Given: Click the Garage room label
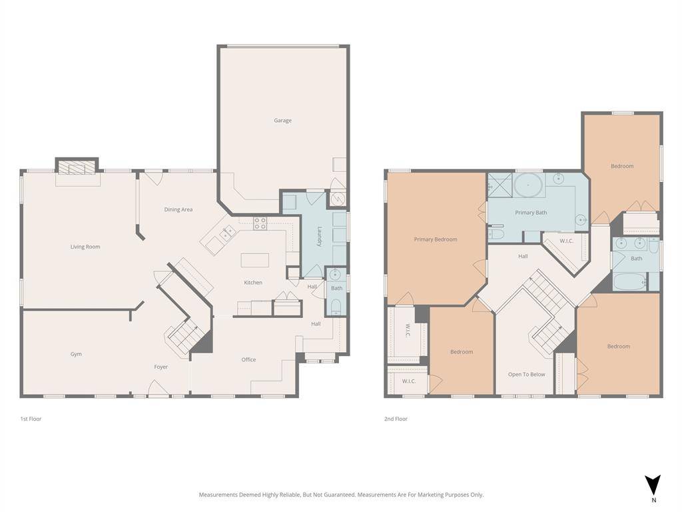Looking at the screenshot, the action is point(282,121).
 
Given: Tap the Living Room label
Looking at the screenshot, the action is point(85,247).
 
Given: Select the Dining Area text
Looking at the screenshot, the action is point(178,209).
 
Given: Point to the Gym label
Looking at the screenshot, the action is point(76,354).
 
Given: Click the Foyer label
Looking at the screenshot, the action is point(161,367).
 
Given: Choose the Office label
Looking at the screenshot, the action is point(249,359).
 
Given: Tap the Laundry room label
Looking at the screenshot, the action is point(320,237).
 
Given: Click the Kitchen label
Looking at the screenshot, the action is point(253,283).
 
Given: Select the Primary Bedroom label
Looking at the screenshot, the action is point(436,239).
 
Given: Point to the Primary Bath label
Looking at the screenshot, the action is point(531,213).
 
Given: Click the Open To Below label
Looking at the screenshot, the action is point(527,375).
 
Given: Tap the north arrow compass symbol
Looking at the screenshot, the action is point(653,485).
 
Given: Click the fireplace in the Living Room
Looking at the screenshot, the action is point(77,169).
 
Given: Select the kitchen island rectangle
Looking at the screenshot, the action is point(255,261).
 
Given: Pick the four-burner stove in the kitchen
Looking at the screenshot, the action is point(260,223).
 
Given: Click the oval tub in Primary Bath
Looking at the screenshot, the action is point(528,185).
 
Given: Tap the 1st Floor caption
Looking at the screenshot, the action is point(31,419).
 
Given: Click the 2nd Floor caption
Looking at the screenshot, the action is point(396,419).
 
